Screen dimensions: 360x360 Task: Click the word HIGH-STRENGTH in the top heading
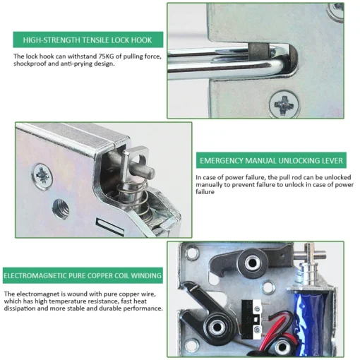[48, 40]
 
